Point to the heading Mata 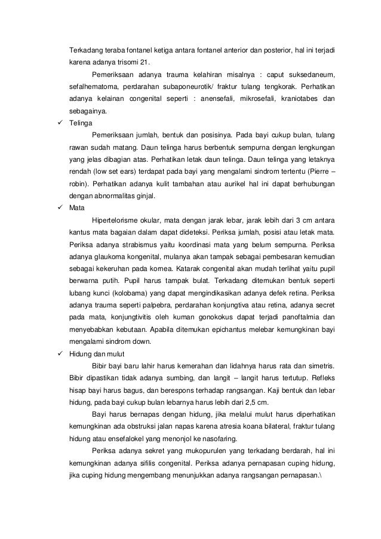tap(76, 207)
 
